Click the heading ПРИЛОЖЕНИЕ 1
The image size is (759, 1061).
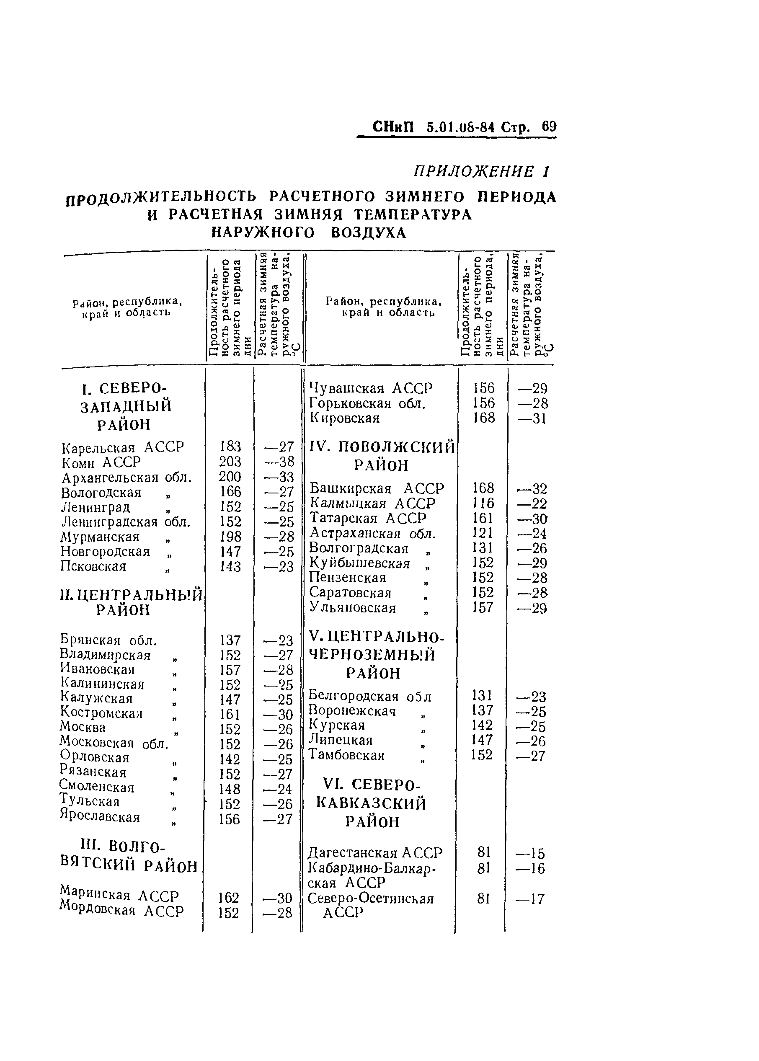(x=481, y=172)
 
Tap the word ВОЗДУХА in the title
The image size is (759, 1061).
(x=368, y=232)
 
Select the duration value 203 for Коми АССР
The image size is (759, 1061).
(x=230, y=462)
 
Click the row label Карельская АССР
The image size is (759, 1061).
(x=123, y=447)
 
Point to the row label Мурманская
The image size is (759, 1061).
(x=101, y=537)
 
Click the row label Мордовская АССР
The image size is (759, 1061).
(x=122, y=911)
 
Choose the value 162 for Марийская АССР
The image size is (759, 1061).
(x=229, y=898)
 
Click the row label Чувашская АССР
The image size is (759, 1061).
(x=372, y=388)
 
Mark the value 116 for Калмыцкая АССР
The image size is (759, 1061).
(x=483, y=503)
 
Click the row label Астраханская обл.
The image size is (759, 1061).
(x=372, y=533)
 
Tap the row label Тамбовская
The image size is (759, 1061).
(x=347, y=755)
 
